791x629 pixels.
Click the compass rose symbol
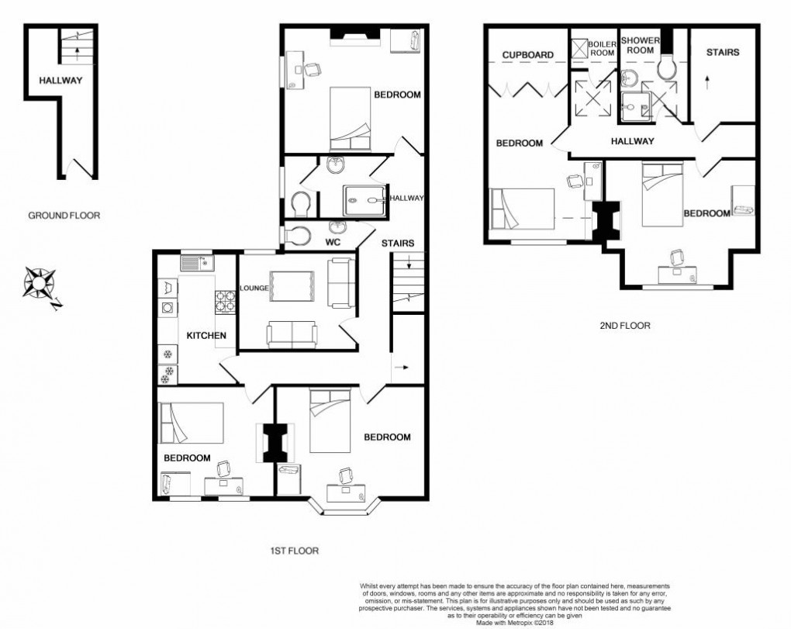(38, 282)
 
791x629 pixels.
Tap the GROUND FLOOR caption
(64, 216)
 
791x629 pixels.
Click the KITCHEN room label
(206, 336)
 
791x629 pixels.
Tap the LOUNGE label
(254, 289)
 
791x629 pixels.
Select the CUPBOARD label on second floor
(527, 55)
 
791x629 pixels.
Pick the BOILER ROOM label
(602, 49)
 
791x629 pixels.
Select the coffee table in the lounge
(292, 286)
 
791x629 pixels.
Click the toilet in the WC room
(295, 235)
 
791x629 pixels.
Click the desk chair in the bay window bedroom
(346, 474)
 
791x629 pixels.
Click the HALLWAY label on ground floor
(61, 80)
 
